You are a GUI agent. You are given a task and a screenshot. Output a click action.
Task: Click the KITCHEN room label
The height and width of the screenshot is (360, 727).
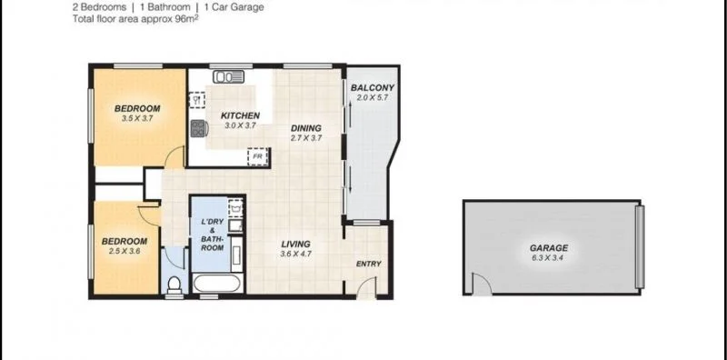241,115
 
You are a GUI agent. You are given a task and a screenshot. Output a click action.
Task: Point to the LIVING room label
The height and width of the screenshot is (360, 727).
296,244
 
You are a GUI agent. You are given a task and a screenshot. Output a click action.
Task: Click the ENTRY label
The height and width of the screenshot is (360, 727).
369,265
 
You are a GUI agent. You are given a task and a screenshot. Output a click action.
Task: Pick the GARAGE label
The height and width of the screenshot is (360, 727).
549,247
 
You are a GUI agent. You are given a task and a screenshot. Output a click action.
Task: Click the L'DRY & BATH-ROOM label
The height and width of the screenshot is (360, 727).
212,235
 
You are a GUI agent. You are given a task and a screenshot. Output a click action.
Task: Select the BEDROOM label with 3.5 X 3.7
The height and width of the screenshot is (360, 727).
137,109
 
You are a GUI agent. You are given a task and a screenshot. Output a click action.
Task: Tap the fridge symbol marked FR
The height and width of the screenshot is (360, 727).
258,155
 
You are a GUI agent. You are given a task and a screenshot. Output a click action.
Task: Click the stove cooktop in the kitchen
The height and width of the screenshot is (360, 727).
197,129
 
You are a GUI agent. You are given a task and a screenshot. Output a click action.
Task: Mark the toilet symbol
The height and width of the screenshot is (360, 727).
174,285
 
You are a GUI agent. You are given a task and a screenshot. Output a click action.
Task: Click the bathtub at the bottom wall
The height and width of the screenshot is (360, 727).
217,287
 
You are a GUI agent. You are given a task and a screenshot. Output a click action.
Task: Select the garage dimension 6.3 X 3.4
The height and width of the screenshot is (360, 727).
549,257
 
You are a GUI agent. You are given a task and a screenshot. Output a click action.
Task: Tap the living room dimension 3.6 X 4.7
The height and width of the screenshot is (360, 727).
296,255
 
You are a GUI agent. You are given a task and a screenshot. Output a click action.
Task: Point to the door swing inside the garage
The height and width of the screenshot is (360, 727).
481,287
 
